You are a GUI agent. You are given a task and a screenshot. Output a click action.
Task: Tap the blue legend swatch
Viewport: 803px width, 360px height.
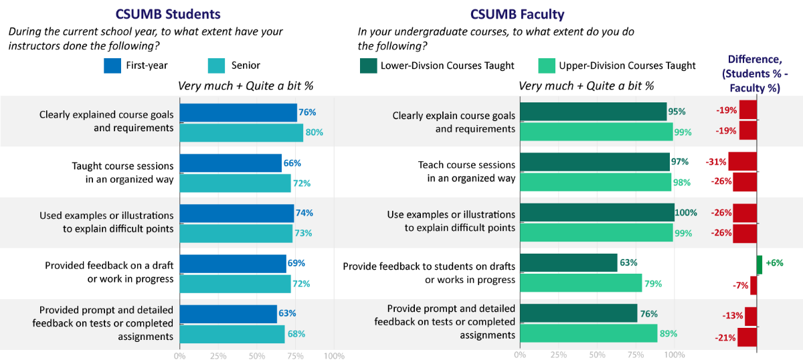click(x=112, y=66)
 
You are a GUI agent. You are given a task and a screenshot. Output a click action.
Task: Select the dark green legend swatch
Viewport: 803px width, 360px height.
click(x=369, y=66)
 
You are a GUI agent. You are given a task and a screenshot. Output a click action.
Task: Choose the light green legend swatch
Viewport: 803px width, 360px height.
click(x=547, y=66)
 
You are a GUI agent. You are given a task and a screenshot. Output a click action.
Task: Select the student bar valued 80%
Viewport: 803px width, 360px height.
click(x=241, y=132)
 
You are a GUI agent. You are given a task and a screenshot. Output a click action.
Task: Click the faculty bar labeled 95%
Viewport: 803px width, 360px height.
click(x=593, y=112)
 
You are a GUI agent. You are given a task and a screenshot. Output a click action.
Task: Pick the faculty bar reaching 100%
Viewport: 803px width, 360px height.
click(x=597, y=213)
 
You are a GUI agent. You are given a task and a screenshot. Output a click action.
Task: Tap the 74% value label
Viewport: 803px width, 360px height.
click(x=304, y=213)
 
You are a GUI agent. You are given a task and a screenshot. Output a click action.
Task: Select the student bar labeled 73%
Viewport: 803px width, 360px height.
click(x=236, y=233)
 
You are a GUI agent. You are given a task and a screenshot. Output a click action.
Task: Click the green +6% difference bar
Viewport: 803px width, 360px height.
click(x=760, y=264)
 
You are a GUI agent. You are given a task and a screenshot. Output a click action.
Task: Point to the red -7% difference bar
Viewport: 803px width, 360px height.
click(x=753, y=285)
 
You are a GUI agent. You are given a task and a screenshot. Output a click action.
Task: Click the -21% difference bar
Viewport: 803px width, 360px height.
click(x=747, y=337)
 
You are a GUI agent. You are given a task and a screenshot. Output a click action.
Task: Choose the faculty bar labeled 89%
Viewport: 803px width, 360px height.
click(x=588, y=333)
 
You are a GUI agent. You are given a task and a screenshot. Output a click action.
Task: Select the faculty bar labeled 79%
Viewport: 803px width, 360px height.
click(x=581, y=284)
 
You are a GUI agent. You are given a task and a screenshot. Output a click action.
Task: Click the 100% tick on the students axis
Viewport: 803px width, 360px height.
click(x=334, y=355)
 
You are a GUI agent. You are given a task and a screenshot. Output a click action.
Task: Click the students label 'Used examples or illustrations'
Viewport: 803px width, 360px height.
click(x=106, y=215)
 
